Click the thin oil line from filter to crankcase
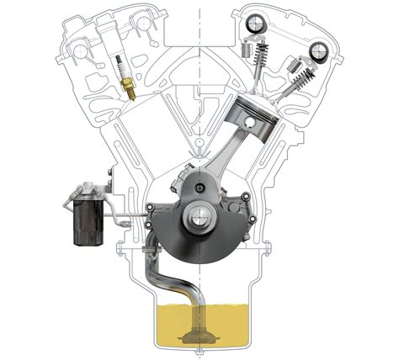(x=126, y=221)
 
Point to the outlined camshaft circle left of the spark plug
(x=81, y=50)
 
